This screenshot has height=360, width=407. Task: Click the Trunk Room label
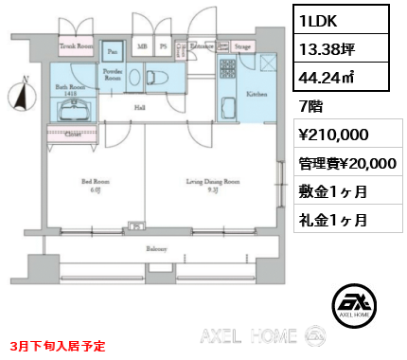(77, 44)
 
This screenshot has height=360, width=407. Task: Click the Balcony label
(156, 248)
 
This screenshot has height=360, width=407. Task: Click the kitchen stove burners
(227, 69)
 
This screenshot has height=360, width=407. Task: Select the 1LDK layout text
(319, 20)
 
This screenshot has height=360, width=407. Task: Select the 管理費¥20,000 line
(347, 163)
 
